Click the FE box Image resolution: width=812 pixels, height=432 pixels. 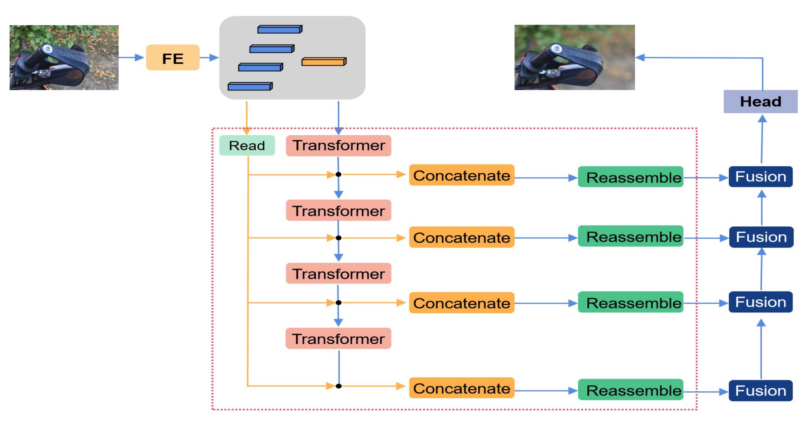(173, 58)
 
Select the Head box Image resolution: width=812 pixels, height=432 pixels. (760, 102)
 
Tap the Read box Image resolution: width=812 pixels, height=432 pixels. (247, 145)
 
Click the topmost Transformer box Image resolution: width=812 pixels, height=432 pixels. (338, 145)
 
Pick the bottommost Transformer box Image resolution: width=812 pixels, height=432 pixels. (338, 339)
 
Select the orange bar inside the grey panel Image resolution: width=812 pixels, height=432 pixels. (324, 62)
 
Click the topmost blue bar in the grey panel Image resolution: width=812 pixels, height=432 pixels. (280, 29)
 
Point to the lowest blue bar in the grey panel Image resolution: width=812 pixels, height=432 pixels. (250, 86)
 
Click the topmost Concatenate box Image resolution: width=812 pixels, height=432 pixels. (461, 175)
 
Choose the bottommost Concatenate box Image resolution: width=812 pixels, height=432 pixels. (461, 388)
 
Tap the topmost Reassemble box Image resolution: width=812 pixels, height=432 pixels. (630, 177)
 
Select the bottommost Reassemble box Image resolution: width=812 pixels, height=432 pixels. (630, 390)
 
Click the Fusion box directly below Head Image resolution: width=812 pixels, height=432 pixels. (761, 177)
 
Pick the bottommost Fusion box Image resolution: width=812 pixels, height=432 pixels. (761, 391)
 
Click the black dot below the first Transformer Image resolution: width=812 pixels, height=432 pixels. (339, 175)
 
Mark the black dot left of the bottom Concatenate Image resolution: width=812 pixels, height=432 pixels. (339, 386)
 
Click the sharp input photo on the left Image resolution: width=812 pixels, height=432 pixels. (64, 57)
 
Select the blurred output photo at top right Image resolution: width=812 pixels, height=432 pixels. (574, 57)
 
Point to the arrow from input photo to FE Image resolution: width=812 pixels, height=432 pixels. (131, 57)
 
